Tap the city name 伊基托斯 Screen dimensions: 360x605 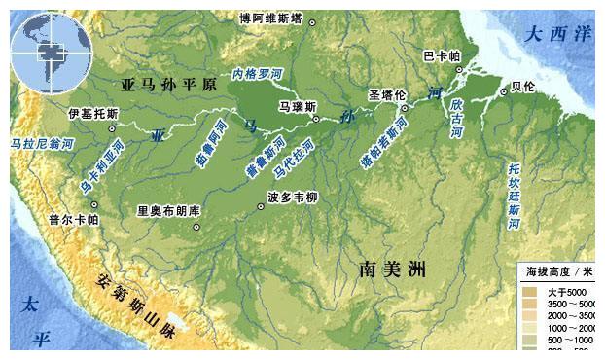(x=92, y=114)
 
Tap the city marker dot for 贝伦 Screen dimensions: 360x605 (x=503, y=91)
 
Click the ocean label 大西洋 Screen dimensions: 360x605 (x=556, y=33)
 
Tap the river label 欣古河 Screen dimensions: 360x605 (x=456, y=116)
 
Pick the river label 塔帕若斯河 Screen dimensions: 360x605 (x=382, y=146)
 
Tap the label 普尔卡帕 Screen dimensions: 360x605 (x=73, y=219)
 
